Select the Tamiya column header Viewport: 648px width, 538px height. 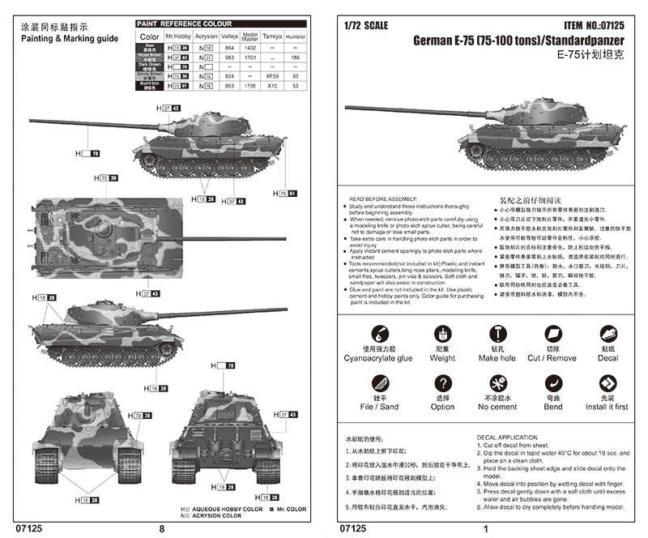click(x=273, y=36)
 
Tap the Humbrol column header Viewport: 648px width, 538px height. click(x=296, y=36)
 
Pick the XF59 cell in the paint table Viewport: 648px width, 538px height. click(x=273, y=75)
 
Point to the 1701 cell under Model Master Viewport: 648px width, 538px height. click(x=249, y=58)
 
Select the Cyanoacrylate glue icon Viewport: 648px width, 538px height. click(x=377, y=334)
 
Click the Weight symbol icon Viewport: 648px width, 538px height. click(x=442, y=334)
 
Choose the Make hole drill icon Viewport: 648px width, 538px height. click(x=497, y=333)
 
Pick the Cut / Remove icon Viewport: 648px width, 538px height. click(x=552, y=333)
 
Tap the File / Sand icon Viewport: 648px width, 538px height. click(x=377, y=383)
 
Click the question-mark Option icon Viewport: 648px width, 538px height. click(x=442, y=383)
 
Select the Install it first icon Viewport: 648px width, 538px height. click(x=607, y=383)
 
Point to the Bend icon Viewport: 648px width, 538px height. click(x=552, y=383)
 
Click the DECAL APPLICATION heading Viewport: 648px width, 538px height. click(x=507, y=438)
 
